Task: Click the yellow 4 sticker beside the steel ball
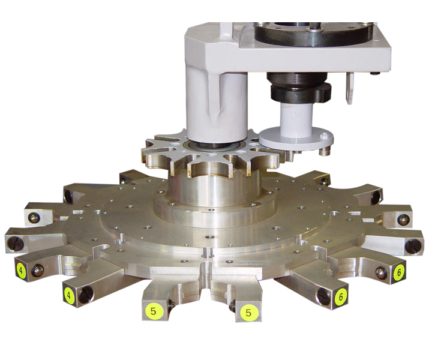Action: click(20, 271)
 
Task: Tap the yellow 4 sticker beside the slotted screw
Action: click(68, 296)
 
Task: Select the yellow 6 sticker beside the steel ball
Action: click(398, 273)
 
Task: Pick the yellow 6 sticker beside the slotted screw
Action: click(341, 297)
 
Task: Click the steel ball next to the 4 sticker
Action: click(37, 271)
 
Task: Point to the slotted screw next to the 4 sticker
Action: click(86, 294)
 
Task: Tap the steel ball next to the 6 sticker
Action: click(382, 272)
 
